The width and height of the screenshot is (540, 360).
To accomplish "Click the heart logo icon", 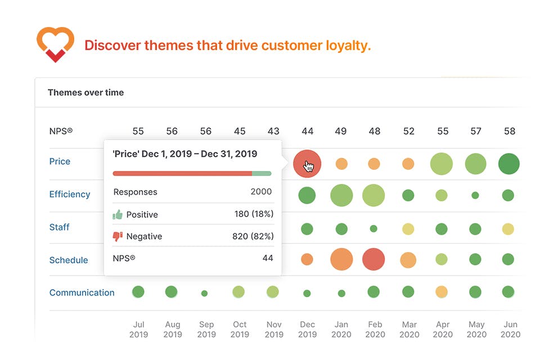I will pos(55,44).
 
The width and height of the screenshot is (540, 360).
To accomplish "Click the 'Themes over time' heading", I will pos(85,92).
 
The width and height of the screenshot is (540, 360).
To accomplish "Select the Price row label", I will pos(60,161).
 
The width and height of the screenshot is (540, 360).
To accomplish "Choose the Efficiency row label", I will pos(70,194).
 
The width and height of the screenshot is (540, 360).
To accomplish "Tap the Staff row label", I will pos(60,227).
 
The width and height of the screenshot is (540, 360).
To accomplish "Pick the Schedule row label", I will pos(69,260).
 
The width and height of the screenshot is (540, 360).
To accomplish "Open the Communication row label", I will pos(82,292).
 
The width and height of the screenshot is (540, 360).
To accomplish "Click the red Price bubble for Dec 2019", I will pos(307,164).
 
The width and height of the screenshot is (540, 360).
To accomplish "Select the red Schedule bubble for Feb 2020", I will pos(373,259).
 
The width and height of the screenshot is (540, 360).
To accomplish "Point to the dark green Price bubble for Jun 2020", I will pos(508,164).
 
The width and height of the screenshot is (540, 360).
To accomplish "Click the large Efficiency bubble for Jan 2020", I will pos(341,196).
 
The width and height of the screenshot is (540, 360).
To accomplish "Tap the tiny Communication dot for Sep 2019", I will pos(204,293).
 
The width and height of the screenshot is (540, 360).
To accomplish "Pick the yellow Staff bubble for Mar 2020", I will pos(408,228).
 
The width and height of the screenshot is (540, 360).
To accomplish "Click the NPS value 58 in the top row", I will pos(509,131).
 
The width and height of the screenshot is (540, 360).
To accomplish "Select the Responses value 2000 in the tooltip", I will pos(261,192).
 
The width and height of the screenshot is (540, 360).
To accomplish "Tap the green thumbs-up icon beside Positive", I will pos(118,214).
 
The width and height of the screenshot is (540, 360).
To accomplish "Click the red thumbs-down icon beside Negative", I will pos(118,236).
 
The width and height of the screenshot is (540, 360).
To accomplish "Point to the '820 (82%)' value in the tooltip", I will pos(253,236).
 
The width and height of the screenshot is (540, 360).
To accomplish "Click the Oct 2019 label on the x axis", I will pos(240,329).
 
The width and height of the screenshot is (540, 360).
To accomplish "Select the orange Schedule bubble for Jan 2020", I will pos(341,259).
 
